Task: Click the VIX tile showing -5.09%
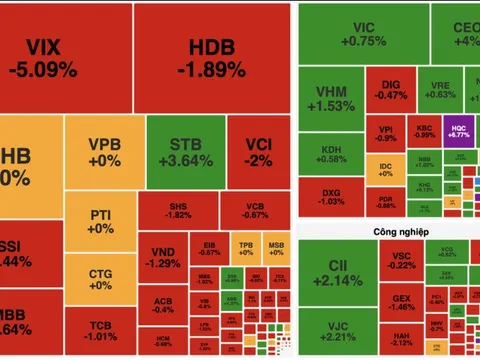point(65,58)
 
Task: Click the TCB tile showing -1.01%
point(101,331)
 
